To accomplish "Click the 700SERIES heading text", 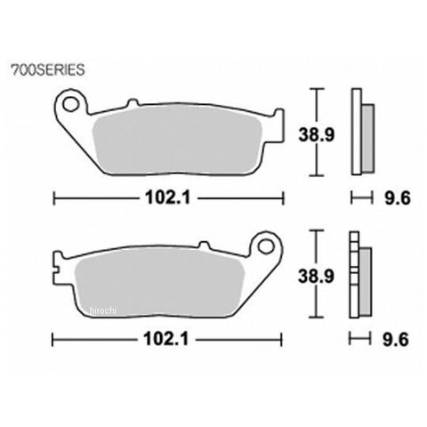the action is pyautogui.click(x=48, y=70).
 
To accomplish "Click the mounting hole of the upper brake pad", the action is pyautogui.click(x=70, y=103).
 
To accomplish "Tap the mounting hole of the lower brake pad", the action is pyautogui.click(x=265, y=246).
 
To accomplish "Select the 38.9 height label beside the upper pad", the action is pyautogui.click(x=317, y=135).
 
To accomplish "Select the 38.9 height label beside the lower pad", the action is pyautogui.click(x=316, y=277).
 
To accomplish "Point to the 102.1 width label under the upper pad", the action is pyautogui.click(x=167, y=197).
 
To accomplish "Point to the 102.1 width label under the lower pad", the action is pyautogui.click(x=166, y=339).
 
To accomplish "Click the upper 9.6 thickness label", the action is pyautogui.click(x=398, y=197).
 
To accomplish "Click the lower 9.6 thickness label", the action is pyautogui.click(x=396, y=339).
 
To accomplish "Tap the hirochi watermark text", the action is pyautogui.click(x=102, y=310).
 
